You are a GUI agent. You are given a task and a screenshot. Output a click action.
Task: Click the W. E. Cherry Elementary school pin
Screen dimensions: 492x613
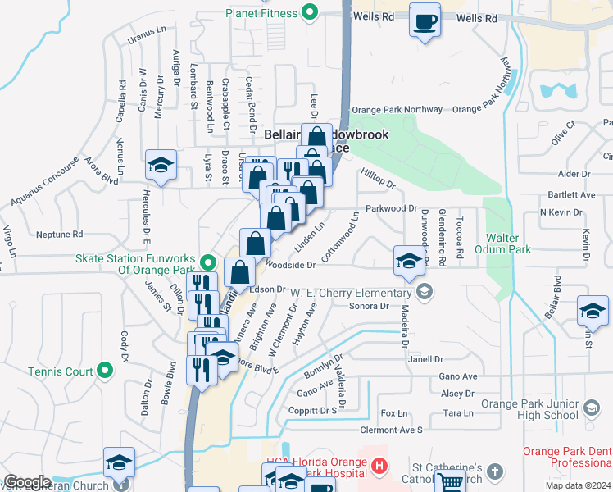coord(425,293)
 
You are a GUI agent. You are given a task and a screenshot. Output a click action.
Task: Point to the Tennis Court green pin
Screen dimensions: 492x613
coord(104,371)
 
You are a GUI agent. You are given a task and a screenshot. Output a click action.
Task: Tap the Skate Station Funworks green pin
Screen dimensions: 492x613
coord(209,263)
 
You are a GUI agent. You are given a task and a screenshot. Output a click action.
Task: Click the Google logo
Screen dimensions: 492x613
coord(27,482)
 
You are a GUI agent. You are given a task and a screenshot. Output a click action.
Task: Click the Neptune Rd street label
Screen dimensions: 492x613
coord(60,235)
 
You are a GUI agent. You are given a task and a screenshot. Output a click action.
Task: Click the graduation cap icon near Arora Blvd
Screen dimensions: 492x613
coord(161,165)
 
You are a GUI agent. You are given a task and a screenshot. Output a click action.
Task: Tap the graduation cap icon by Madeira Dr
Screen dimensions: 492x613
coord(408,261)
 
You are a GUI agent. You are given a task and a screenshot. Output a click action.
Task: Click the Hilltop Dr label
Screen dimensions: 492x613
coord(378,178)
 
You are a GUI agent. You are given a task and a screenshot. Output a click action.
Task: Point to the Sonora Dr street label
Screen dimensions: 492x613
coord(368,307)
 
